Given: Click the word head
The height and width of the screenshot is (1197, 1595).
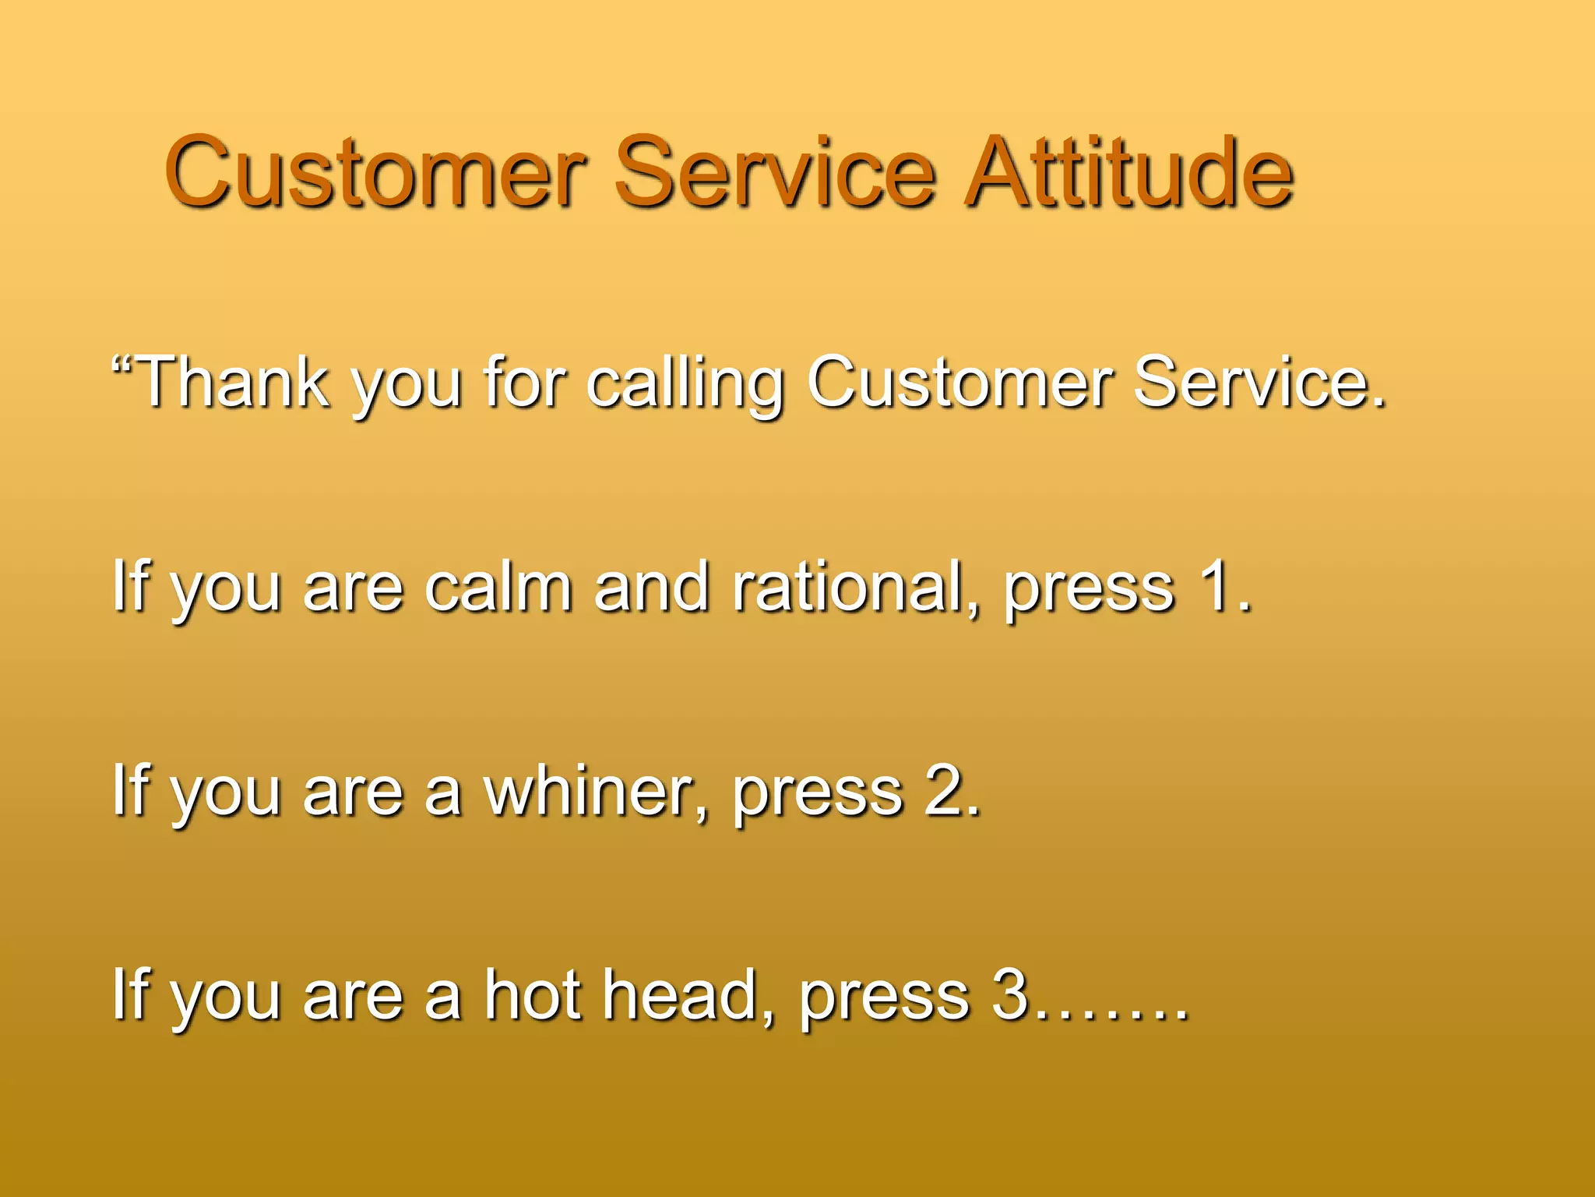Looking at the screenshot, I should pos(681,994).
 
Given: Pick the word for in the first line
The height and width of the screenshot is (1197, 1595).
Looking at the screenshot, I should pos(523,382).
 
